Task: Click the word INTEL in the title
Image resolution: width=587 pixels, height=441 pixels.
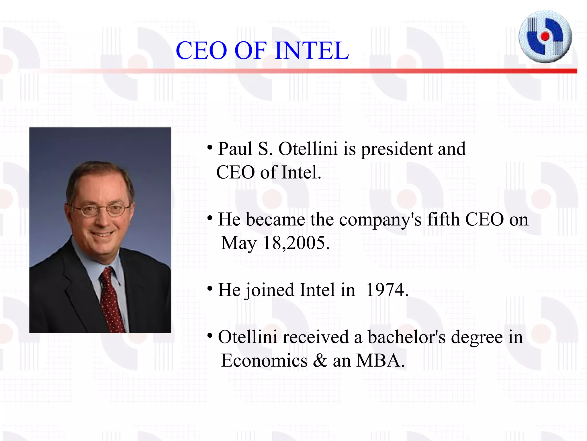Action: click(x=312, y=51)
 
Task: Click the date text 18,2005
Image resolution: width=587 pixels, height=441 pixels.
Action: click(x=296, y=243)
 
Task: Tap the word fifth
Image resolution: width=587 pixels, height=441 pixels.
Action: click(x=443, y=219)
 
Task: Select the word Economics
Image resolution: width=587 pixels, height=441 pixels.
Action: click(x=264, y=360)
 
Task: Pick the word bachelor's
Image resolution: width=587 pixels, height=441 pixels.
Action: click(x=406, y=337)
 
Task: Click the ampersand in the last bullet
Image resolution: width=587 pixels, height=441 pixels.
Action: click(x=320, y=361)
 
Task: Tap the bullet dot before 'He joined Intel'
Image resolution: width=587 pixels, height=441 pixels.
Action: click(x=210, y=288)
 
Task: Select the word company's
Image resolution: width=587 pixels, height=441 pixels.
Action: click(x=380, y=220)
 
